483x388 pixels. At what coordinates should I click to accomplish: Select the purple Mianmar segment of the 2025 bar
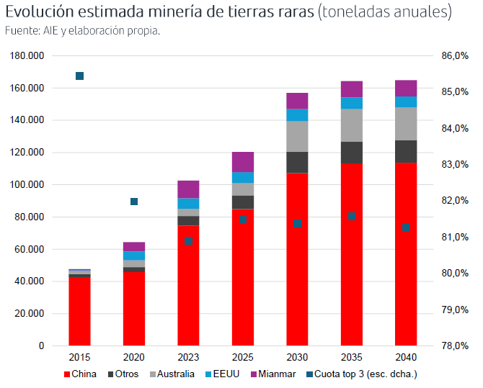[243, 162]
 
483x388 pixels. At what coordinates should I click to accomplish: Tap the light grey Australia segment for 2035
[352, 125]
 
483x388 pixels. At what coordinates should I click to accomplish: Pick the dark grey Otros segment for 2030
[297, 163]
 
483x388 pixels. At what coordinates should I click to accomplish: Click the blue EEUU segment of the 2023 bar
[188, 203]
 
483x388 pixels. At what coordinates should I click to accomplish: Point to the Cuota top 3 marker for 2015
[80, 76]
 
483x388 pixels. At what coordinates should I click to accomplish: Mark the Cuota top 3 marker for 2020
[134, 202]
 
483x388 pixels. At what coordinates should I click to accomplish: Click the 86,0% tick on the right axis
[455, 56]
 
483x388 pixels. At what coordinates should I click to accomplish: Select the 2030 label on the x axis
[297, 357]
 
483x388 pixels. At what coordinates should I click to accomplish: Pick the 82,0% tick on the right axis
[455, 201]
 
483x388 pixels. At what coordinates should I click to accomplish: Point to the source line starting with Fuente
[82, 31]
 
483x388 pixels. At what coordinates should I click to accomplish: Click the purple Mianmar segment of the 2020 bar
[134, 246]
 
